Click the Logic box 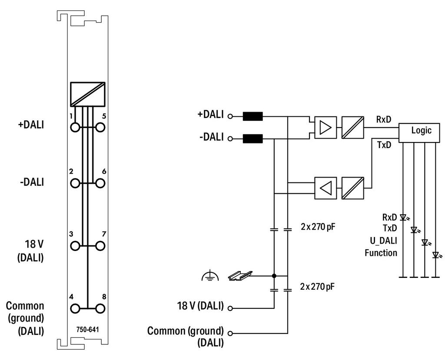point(419,132)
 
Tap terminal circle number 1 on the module point(75,127)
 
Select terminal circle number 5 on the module point(100,127)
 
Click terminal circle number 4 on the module point(75,308)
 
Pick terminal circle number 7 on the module point(100,246)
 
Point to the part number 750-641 point(88,330)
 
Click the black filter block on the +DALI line point(253,116)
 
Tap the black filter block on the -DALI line point(253,139)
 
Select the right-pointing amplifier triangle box point(325,127)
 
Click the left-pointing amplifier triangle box point(325,188)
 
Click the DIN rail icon point(240,275)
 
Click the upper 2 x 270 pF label point(318,227)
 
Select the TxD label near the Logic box point(384,145)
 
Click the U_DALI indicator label point(383,241)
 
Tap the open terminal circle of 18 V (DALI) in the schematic point(230,308)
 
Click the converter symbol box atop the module point(88,94)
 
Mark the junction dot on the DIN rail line point(274,275)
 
